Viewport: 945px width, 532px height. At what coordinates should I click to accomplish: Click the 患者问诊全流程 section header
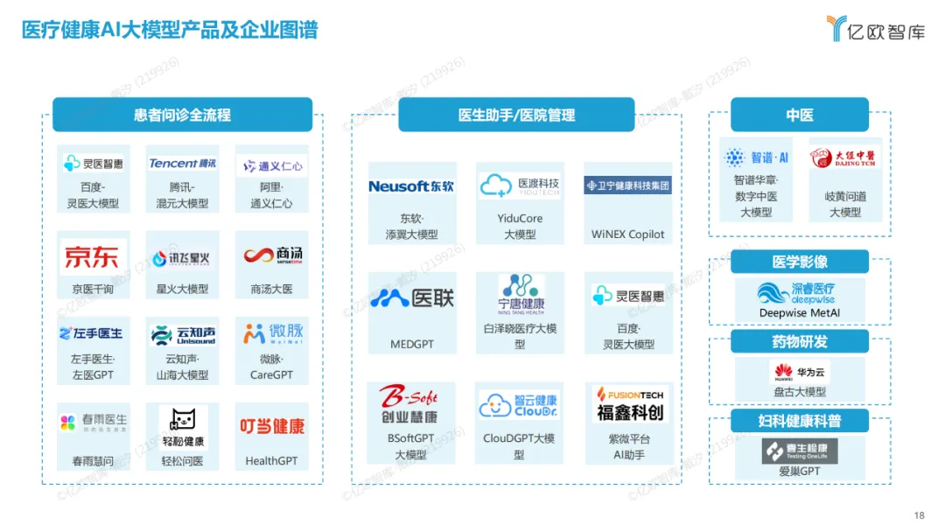coord(182,115)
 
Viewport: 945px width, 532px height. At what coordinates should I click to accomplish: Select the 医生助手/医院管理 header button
coord(516,115)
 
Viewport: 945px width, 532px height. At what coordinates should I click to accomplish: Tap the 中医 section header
coord(799,115)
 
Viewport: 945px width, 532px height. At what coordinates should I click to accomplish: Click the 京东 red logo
coord(91,257)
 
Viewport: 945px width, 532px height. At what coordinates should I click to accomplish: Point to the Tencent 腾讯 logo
coord(182,164)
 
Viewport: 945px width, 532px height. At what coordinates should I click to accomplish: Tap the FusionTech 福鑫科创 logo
coord(629,404)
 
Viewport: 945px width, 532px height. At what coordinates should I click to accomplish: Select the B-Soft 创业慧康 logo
coord(409,404)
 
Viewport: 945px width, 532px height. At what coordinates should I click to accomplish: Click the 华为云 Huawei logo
coord(798,371)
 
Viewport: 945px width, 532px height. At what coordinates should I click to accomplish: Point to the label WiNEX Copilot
coord(627,234)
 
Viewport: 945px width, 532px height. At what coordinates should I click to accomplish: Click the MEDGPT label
coord(411,345)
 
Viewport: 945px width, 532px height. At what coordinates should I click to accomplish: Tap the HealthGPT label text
coord(271,461)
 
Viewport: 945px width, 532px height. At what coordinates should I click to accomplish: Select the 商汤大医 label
coord(271,290)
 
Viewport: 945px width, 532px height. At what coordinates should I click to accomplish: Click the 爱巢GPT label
coord(799,472)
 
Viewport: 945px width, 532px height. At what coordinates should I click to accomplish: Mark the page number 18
coord(919,515)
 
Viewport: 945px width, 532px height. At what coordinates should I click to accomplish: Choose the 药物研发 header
coord(799,341)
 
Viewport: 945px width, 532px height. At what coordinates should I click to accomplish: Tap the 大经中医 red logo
coord(844,158)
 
